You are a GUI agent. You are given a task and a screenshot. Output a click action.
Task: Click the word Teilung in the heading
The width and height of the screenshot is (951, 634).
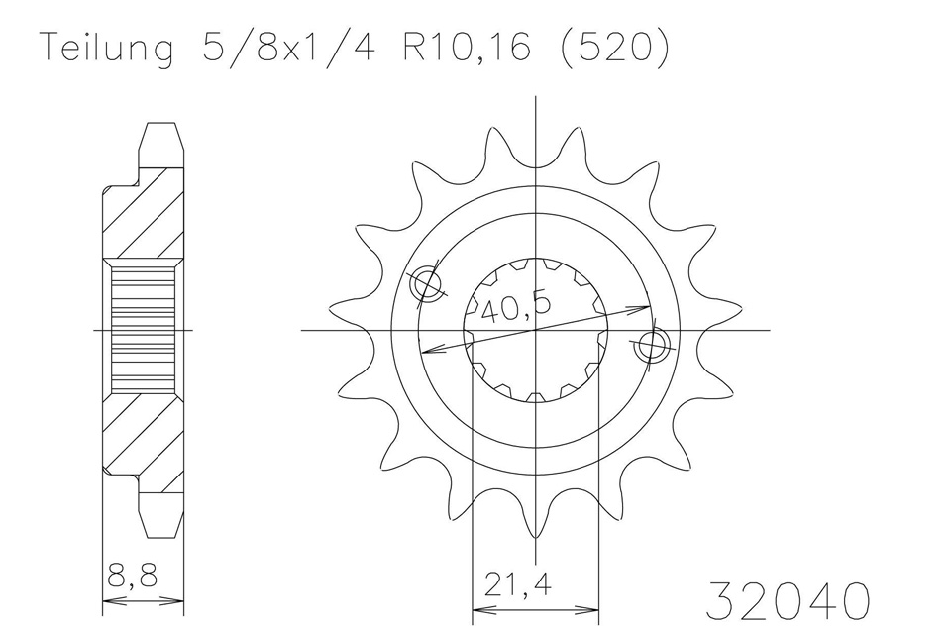107,48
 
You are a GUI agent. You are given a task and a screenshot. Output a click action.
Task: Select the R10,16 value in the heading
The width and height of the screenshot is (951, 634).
462,48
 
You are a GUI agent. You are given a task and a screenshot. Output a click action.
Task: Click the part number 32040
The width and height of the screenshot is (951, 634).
790,600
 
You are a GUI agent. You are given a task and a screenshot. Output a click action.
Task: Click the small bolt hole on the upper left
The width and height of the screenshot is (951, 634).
427,285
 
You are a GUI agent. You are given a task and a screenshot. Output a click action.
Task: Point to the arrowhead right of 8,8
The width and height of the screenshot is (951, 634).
178,599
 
